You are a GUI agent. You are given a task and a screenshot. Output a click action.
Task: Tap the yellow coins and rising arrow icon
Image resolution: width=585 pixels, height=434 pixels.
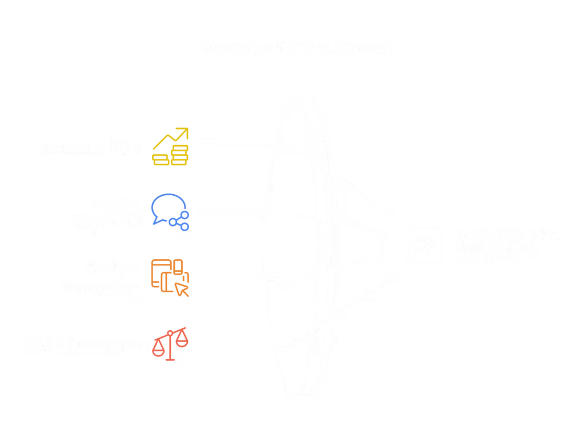click(x=170, y=147)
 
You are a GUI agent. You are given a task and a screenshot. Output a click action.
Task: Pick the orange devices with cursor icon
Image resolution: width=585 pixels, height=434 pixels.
click(x=170, y=278)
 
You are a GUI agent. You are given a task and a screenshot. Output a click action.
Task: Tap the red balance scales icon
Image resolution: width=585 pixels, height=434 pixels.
click(x=170, y=344)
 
